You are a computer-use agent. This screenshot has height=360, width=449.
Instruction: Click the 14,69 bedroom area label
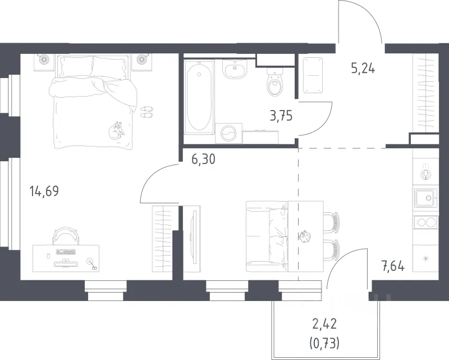44,191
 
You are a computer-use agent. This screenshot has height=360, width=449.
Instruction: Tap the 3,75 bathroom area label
281,116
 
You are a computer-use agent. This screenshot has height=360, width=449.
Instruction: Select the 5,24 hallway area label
363,69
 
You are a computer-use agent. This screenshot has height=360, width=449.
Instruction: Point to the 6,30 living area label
203,159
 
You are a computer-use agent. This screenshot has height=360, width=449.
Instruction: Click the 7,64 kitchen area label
392,266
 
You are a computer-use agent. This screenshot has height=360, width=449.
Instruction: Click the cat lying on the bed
117,130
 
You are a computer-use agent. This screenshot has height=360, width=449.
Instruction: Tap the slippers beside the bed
146,112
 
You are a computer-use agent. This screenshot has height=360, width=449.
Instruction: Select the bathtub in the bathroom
199,97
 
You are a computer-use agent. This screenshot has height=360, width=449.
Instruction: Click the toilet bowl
275,82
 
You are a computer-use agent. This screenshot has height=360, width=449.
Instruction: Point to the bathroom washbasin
235,69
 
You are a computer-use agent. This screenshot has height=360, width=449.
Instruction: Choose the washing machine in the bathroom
228,133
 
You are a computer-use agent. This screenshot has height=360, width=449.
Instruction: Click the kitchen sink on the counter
425,198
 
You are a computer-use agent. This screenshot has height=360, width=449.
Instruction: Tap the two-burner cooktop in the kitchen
425,222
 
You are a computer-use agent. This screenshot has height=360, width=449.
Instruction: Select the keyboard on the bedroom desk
66,252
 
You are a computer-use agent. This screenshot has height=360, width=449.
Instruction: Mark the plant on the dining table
304,236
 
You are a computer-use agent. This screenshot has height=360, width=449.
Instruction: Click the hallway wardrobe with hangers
425,93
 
